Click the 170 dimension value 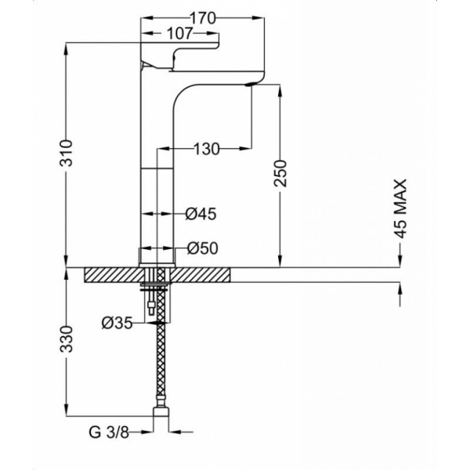pyautogui.click(x=203, y=19)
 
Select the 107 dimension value pyautogui.click(x=179, y=33)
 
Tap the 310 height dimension pyautogui.click(x=67, y=153)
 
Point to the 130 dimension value pyautogui.click(x=207, y=149)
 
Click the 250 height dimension pyautogui.click(x=280, y=173)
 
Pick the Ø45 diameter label pyautogui.click(x=201, y=214)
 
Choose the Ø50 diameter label pyautogui.click(x=203, y=248)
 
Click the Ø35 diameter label pyautogui.click(x=117, y=323)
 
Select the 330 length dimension pyautogui.click(x=67, y=339)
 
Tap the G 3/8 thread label pyautogui.click(x=109, y=432)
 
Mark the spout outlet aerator pyautogui.click(x=251, y=85)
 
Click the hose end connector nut pyautogui.click(x=161, y=410)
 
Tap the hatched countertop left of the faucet pyautogui.click(x=114, y=275)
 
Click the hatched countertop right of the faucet pyautogui.click(x=201, y=275)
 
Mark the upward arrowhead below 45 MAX pyautogui.click(x=399, y=288)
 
